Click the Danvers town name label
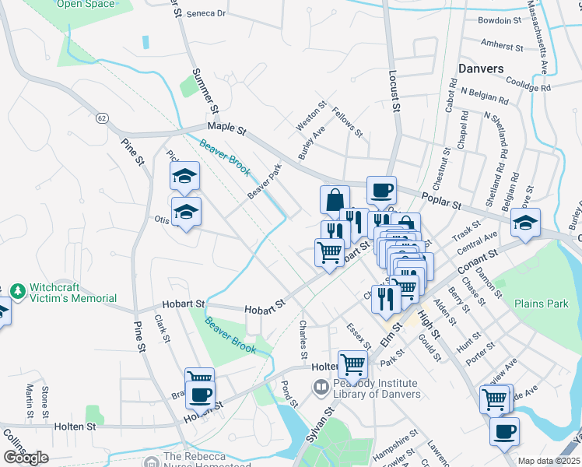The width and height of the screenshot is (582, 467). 481,68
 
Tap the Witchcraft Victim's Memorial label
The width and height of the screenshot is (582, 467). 73,293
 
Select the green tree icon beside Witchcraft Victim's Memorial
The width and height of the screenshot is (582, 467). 17,291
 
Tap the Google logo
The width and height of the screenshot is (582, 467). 26,458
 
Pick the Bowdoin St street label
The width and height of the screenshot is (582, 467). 500,20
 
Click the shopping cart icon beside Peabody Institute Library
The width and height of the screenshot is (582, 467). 352,363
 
